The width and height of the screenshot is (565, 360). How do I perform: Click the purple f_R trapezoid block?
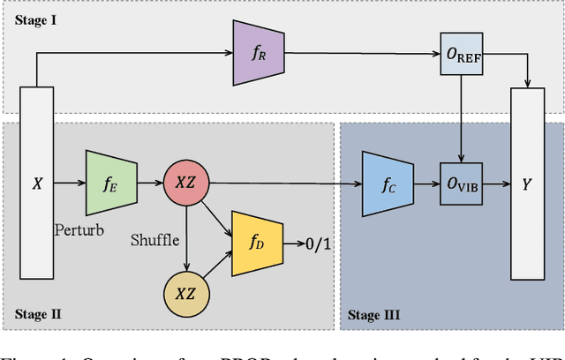click(258, 53)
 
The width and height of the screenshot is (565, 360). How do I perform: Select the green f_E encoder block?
click(110, 184)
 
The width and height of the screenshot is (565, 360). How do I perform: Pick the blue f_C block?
click(388, 184)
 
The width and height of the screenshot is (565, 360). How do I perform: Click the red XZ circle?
click(186, 184)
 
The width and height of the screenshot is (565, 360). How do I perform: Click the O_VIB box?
click(462, 184)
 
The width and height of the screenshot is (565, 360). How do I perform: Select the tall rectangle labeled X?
click(37, 184)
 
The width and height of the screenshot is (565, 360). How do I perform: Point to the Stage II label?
click(40, 312)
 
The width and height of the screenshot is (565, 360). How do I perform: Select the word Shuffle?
click(154, 240)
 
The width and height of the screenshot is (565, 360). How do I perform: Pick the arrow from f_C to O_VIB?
click(426, 184)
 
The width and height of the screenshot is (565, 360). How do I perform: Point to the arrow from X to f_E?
click(69, 184)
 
